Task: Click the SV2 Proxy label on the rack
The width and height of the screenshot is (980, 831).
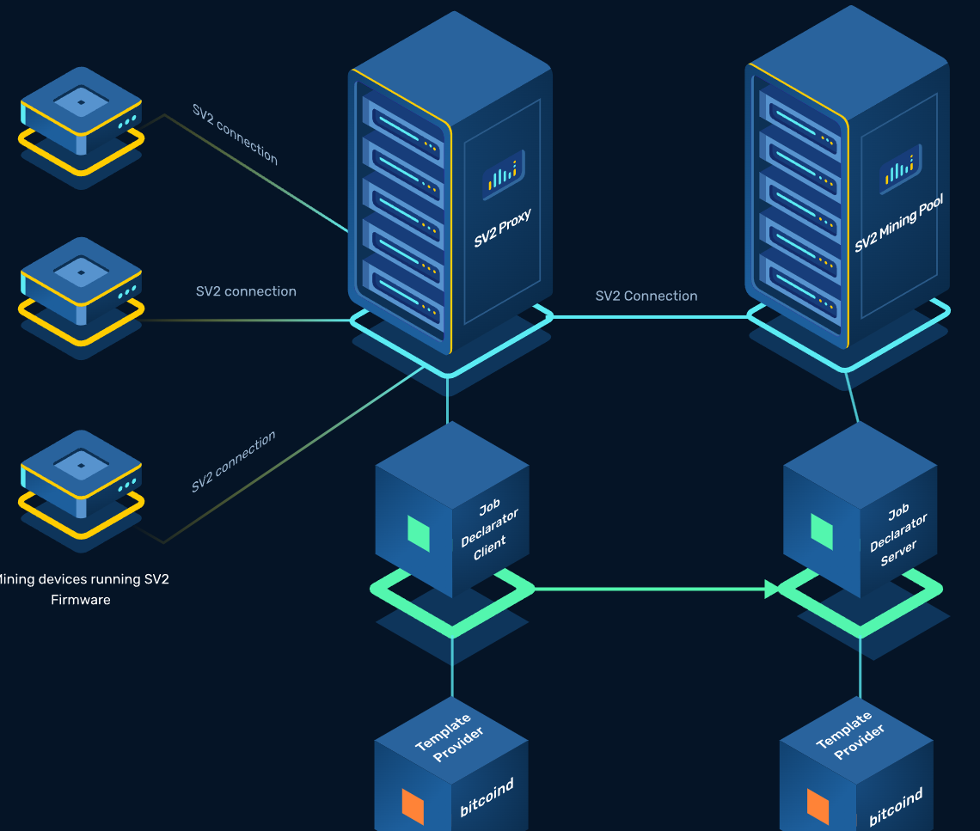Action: coord(503,228)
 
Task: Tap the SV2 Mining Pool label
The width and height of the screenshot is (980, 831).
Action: coord(898,223)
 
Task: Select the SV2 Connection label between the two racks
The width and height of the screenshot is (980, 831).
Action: coord(646,296)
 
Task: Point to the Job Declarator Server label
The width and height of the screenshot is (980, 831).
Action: coord(898,535)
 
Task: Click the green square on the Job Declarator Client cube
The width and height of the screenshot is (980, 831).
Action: coord(419,533)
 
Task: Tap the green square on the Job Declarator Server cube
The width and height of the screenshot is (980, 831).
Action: coord(822,531)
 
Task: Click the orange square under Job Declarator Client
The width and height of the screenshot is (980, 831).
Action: coord(413,805)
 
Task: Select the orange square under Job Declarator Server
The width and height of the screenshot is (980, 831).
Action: coord(818,806)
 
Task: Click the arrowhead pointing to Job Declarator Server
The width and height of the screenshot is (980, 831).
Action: coord(772,589)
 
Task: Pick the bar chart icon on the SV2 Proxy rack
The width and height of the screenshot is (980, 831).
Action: coord(503,171)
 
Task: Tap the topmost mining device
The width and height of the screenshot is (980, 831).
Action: coord(81,112)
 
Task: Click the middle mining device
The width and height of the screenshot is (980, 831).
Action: coord(81,282)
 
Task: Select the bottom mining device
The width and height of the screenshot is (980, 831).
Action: coord(81,475)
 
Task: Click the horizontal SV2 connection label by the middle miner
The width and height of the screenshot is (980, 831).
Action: coord(246,291)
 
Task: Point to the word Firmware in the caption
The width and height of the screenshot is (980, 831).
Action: coord(81,600)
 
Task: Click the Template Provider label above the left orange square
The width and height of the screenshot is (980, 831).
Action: coord(450,736)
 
